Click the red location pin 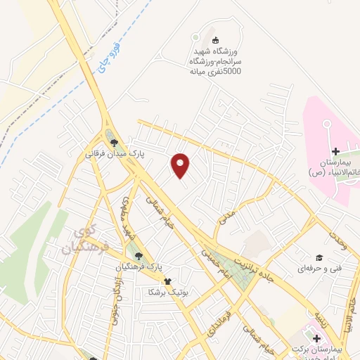181,165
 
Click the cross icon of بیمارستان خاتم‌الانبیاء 335,150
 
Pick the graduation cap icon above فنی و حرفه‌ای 319,258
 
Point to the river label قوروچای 117,59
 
